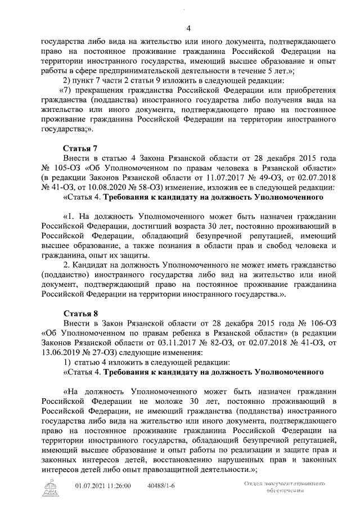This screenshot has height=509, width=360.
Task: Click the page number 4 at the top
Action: pyautogui.click(x=188, y=28)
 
